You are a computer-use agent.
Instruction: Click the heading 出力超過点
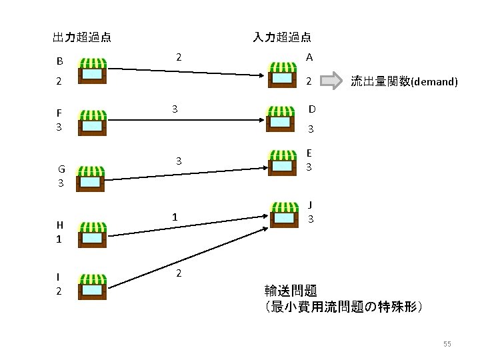(82, 37)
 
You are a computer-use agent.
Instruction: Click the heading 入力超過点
(282, 37)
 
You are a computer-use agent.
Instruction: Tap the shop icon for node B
(92, 70)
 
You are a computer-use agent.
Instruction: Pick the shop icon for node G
(92, 177)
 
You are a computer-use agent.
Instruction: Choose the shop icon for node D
(280, 119)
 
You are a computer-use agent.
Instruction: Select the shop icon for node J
(285, 214)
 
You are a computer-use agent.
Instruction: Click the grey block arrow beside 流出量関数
(330, 81)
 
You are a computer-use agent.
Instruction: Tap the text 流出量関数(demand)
(404, 82)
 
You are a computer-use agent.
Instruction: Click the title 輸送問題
(291, 291)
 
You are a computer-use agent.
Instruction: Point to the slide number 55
(447, 344)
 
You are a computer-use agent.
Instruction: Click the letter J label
(311, 205)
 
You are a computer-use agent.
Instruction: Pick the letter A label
(309, 58)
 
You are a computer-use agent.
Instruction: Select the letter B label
(59, 62)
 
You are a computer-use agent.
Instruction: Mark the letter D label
(311, 109)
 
